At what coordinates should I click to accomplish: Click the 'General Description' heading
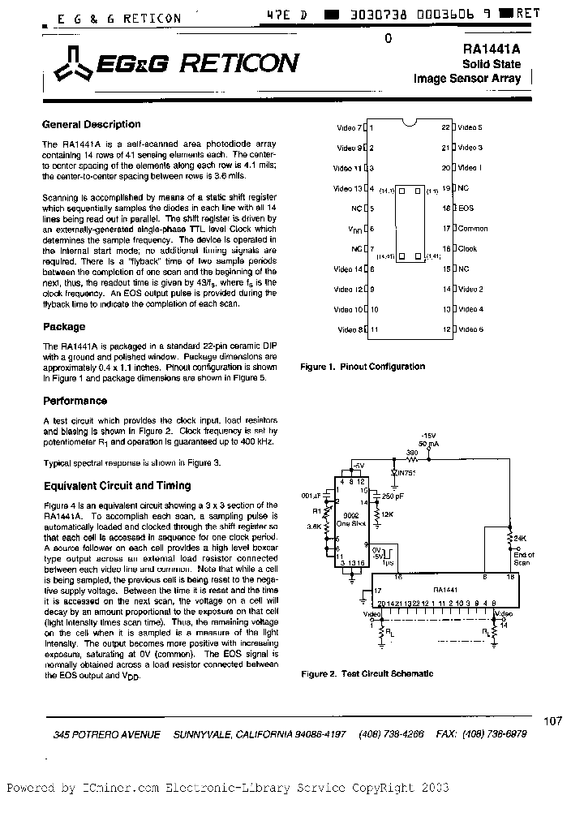(x=91, y=125)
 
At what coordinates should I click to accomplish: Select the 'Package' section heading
(x=63, y=327)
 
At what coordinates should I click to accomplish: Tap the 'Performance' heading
(x=75, y=401)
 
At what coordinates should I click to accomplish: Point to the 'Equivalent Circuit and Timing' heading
(x=117, y=486)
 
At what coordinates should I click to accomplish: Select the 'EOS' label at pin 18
(x=466, y=208)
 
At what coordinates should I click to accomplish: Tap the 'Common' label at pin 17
(x=473, y=229)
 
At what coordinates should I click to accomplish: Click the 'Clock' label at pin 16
(x=468, y=249)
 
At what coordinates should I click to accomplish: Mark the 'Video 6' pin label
(x=470, y=329)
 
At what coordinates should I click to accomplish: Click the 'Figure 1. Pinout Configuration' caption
(x=363, y=367)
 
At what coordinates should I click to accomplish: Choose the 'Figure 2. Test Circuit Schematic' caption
(x=367, y=673)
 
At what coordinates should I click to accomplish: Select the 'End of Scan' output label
(x=523, y=557)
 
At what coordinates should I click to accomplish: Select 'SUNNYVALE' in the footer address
(x=204, y=734)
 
